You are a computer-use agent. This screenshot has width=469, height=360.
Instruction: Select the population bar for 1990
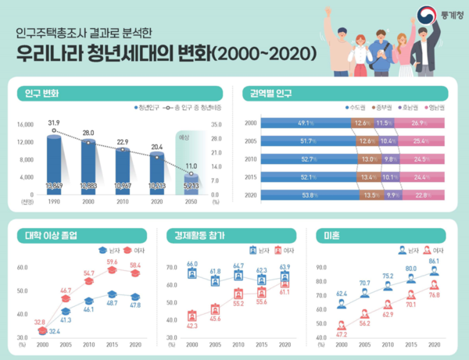coord(55,164)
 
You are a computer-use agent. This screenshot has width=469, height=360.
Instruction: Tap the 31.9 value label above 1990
coord(54,122)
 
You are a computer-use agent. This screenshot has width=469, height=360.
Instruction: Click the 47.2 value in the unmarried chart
coord(341,333)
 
